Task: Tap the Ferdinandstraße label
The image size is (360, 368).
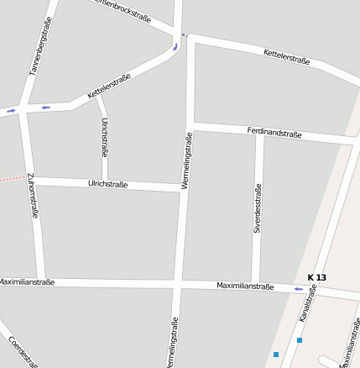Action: coord(274,133)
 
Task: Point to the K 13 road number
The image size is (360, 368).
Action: coord(316,277)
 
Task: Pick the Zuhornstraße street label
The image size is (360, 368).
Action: coord(33,196)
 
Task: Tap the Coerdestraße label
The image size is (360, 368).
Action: coord(23,351)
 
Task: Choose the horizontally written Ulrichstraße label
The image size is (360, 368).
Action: coord(108,184)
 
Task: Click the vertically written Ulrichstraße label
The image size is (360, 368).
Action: coord(103,138)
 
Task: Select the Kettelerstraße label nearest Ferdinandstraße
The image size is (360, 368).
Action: coord(286,57)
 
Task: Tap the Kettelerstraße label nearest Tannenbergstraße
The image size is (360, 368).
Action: coord(109,87)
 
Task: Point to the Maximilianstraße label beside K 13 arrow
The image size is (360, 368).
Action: coord(245,287)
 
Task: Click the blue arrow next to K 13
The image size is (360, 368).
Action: coord(298,289)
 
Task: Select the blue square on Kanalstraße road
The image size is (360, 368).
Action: coord(299,340)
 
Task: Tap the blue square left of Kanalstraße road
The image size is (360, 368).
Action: coord(275,355)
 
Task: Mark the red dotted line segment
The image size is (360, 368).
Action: coord(10,179)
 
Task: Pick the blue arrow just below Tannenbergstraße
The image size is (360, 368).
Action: coord(45,108)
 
